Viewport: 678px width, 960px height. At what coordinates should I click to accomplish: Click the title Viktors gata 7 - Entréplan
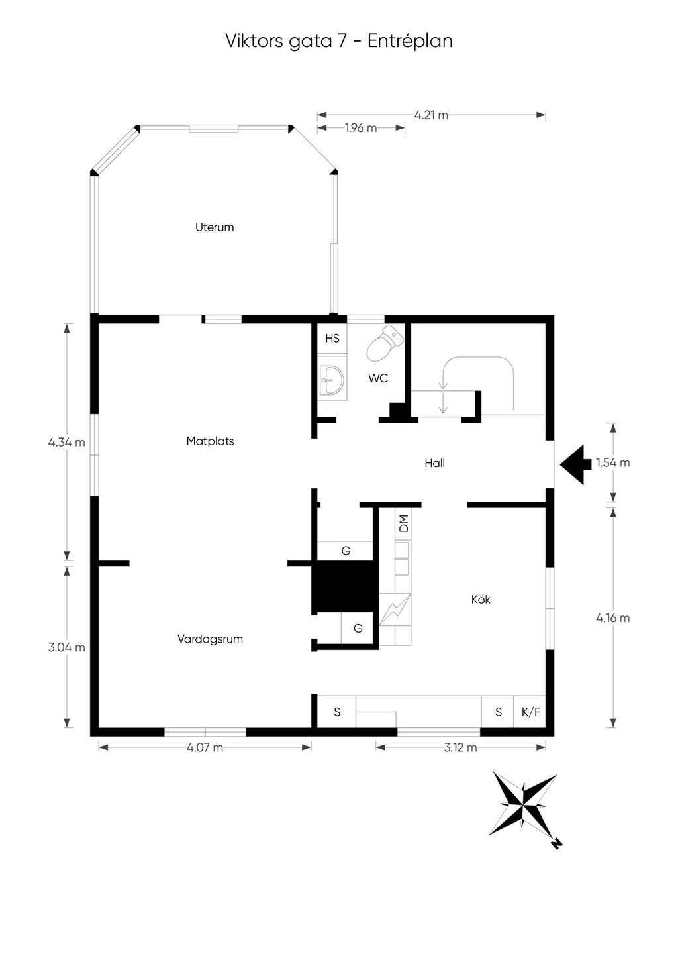(338, 41)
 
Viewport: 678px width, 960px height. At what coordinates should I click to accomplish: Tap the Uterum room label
(215, 227)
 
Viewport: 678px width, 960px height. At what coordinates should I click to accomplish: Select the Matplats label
(210, 441)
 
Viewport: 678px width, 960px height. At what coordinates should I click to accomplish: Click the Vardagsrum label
(210, 639)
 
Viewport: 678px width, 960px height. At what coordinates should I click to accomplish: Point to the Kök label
(481, 600)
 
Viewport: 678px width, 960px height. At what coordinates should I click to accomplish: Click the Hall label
(434, 464)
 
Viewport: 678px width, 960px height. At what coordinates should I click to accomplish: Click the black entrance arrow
(575, 464)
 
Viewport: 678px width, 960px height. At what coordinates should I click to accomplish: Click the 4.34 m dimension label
(66, 442)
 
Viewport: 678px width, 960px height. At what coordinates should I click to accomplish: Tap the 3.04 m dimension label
(66, 647)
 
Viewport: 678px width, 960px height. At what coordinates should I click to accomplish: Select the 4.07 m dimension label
(205, 747)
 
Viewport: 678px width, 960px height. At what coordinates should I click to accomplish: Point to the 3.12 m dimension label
(460, 747)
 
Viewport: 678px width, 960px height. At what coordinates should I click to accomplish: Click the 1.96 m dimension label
(361, 128)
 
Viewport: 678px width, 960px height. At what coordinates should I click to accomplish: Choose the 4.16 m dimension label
(612, 618)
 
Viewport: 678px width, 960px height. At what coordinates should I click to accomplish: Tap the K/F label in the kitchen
(531, 712)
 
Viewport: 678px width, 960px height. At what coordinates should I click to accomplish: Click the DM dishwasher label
(403, 523)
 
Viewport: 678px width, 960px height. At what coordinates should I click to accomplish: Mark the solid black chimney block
(344, 586)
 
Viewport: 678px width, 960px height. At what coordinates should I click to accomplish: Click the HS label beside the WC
(332, 339)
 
